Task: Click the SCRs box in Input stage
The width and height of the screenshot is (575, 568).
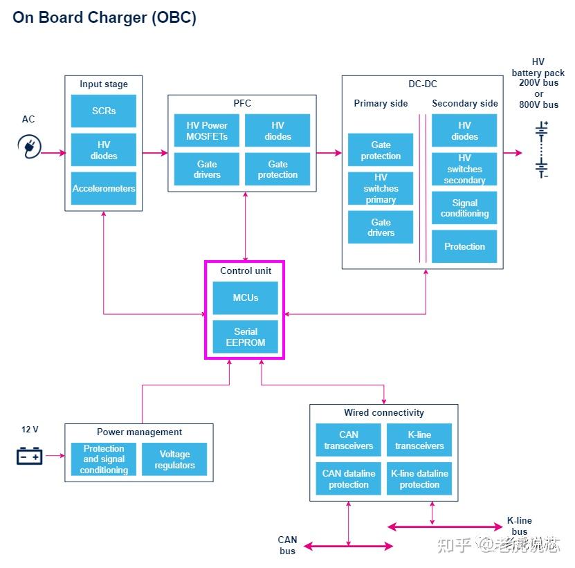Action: [103, 111]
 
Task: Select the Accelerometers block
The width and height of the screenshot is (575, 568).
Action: [103, 188]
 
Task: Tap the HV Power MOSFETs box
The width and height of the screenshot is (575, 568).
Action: [206, 130]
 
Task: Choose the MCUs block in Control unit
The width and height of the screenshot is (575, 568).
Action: [246, 297]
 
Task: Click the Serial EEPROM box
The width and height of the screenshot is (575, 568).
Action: [246, 337]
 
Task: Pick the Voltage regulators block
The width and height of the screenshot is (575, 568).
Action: [174, 459]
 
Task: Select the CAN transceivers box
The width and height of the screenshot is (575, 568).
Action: [348, 440]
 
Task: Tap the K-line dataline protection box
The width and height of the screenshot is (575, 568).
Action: [419, 479]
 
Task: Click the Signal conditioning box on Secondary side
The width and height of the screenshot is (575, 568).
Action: [464, 208]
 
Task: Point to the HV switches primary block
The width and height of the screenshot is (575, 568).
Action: [381, 188]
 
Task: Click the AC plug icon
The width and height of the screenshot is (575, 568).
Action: [29, 147]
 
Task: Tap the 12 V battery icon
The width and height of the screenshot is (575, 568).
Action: [29, 456]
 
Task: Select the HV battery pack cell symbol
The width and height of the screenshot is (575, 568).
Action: [542, 149]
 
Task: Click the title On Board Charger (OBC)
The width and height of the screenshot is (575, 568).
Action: [104, 17]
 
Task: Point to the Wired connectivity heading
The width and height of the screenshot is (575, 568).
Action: [384, 412]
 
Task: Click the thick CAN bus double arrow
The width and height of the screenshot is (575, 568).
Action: [348, 547]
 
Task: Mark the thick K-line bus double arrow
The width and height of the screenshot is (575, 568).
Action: [445, 527]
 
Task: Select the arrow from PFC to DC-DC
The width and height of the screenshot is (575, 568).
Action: [329, 152]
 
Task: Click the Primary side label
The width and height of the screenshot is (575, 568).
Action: [381, 103]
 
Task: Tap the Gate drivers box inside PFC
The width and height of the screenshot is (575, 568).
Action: [206, 169]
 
